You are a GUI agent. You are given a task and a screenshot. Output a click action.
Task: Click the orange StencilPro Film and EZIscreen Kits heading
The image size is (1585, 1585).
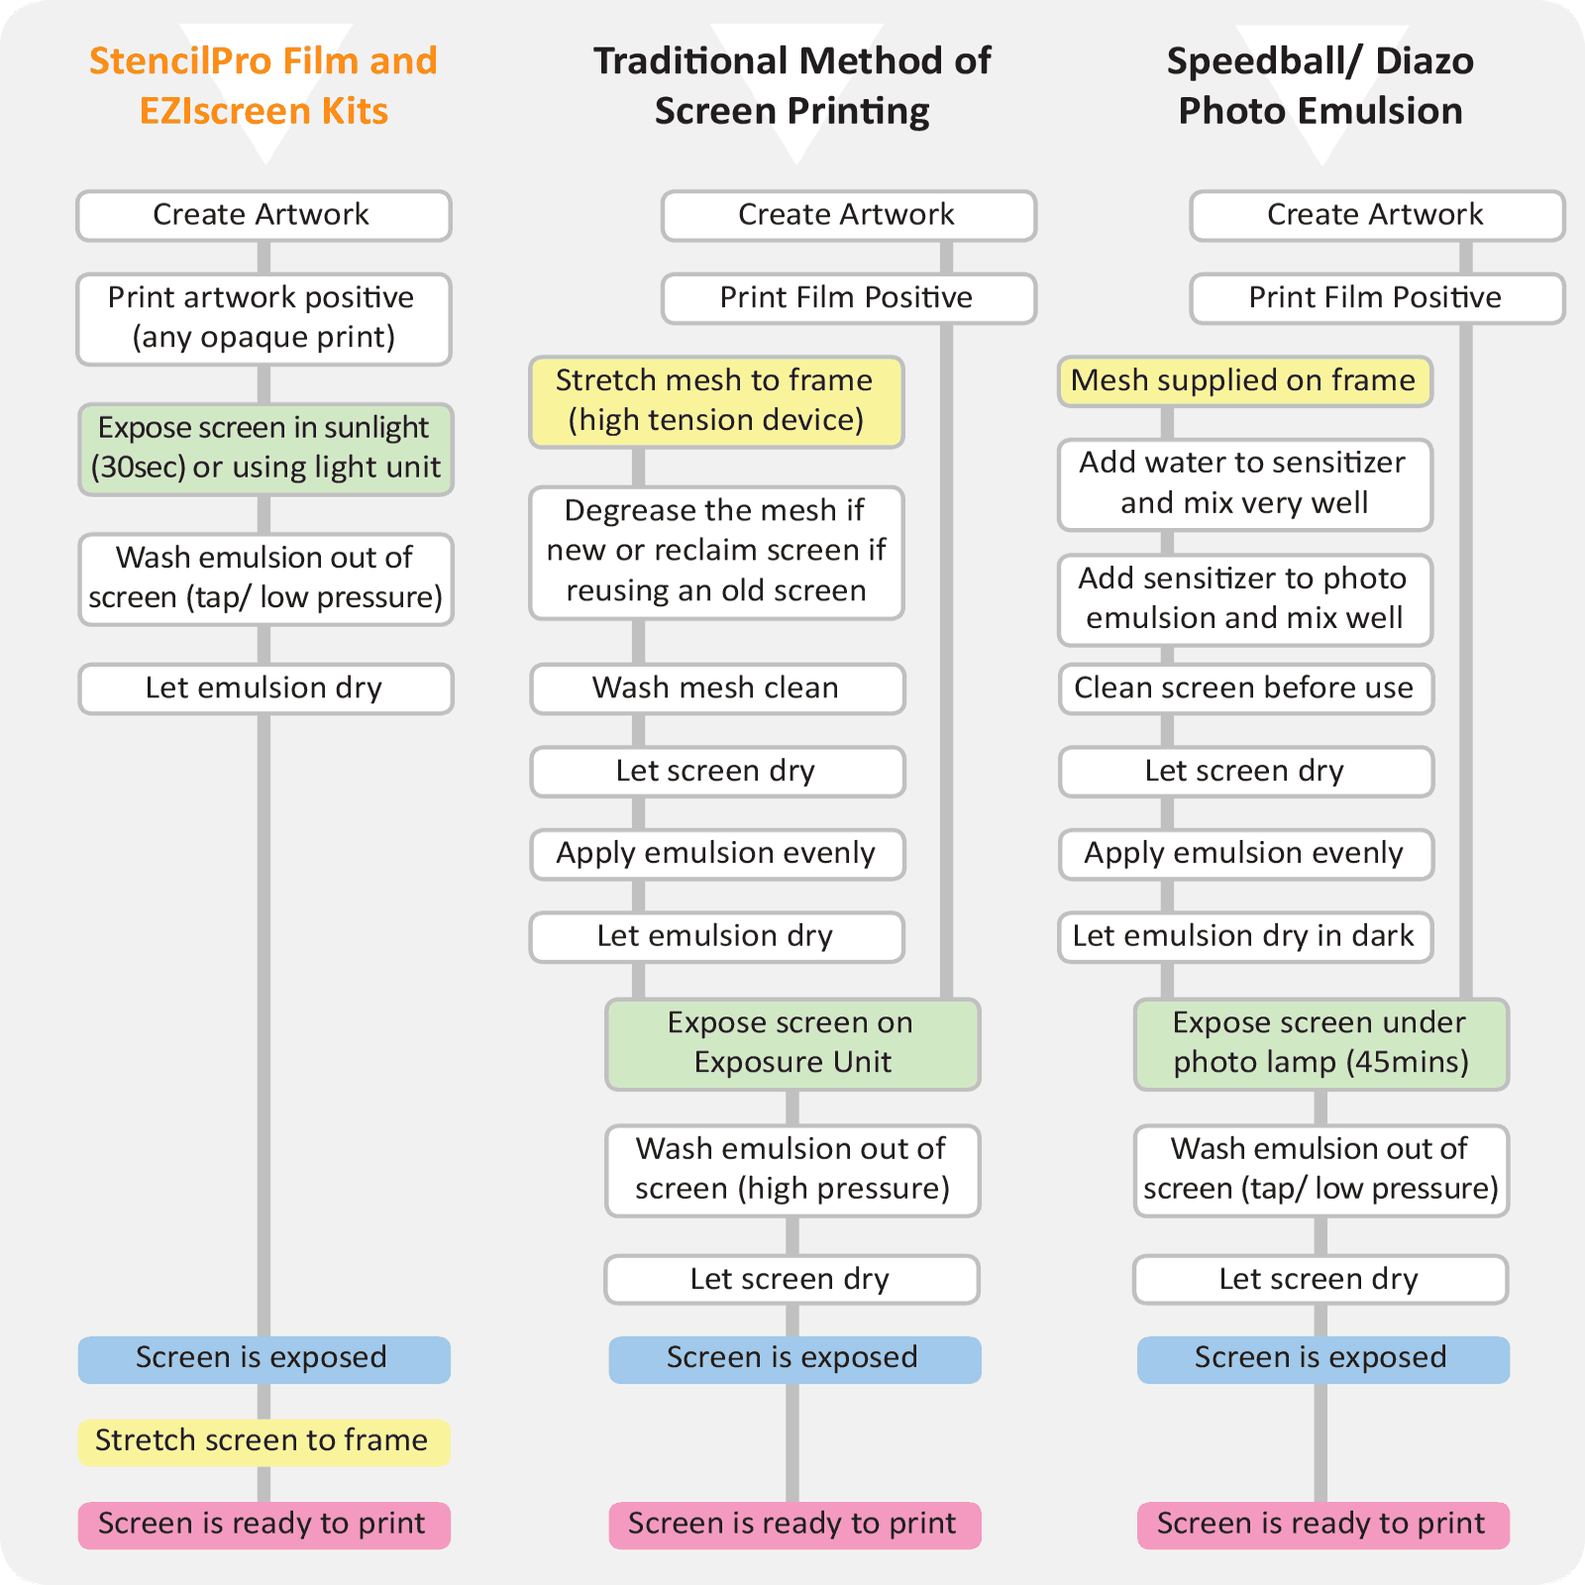pos(264,85)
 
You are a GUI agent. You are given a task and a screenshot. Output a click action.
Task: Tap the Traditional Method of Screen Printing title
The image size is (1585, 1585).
pos(792,85)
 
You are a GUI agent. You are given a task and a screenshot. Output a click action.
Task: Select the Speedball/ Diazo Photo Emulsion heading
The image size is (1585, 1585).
pos(1320,85)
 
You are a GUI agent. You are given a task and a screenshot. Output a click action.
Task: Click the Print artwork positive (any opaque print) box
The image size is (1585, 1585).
pos(264,319)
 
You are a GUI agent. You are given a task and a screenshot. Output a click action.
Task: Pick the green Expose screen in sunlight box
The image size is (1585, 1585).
pos(265,449)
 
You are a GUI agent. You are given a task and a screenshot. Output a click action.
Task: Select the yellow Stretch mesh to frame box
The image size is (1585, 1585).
pos(716,401)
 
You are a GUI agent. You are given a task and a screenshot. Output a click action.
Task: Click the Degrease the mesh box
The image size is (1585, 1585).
pos(716,552)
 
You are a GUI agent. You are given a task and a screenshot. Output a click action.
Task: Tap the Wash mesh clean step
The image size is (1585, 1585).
pos(716,688)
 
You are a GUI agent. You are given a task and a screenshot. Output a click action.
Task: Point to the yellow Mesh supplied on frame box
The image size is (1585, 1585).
pos(1244,381)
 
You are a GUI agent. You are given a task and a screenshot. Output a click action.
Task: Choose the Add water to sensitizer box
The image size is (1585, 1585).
pos(1244,484)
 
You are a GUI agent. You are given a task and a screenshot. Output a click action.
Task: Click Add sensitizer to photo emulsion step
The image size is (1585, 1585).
pos(1244,599)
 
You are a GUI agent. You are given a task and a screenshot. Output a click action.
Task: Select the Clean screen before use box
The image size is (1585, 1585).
pos(1244,688)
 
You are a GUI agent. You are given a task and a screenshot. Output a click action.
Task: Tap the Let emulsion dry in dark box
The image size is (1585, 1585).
pos(1244,937)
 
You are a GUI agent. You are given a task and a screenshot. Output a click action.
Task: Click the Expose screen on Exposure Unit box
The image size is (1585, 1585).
pos(792,1043)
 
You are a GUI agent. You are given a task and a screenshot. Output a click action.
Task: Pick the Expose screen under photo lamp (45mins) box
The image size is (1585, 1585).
pos(1321,1043)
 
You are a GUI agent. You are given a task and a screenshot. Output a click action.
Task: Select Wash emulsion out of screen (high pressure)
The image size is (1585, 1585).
pos(792,1170)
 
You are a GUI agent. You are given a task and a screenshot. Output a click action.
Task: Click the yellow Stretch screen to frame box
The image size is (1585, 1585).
pos(264,1441)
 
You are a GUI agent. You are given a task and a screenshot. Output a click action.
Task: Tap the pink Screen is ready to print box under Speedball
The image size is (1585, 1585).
pos(1322,1525)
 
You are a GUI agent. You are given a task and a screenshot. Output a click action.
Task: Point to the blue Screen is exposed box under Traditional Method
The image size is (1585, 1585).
pos(793,1359)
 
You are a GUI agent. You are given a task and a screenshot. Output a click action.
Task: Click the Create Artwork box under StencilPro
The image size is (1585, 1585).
pos(264,215)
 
